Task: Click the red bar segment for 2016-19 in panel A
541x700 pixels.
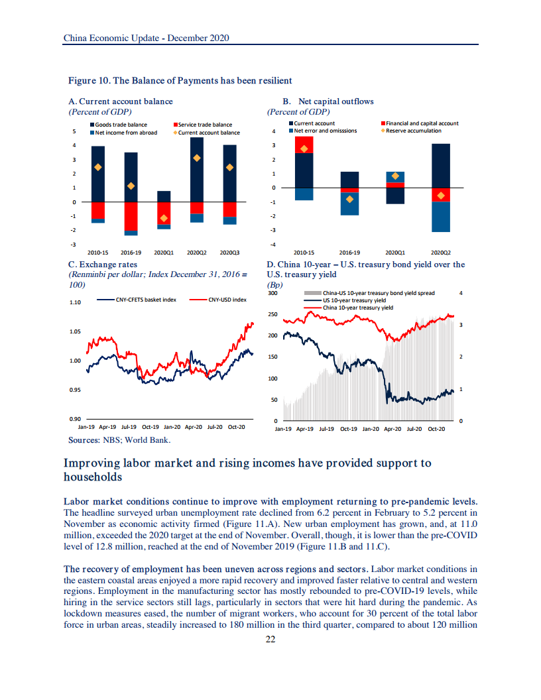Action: click(131, 215)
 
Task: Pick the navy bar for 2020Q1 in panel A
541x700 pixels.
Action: click(164, 196)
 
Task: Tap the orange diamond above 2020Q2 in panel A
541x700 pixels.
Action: click(197, 158)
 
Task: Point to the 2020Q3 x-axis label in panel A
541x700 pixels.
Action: click(229, 253)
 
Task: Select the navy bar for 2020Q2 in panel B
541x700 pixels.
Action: click(440, 166)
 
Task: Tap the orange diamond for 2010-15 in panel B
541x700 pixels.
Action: click(304, 148)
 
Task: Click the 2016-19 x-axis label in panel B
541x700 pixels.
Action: click(349, 253)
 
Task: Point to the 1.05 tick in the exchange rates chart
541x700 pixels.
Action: click(75, 331)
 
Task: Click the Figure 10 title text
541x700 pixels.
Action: click(180, 81)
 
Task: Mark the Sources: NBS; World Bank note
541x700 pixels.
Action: click(120, 439)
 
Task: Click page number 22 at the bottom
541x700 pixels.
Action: click(270, 639)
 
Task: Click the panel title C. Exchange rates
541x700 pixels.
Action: click(103, 264)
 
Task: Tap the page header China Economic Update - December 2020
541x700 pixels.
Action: click(146, 38)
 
